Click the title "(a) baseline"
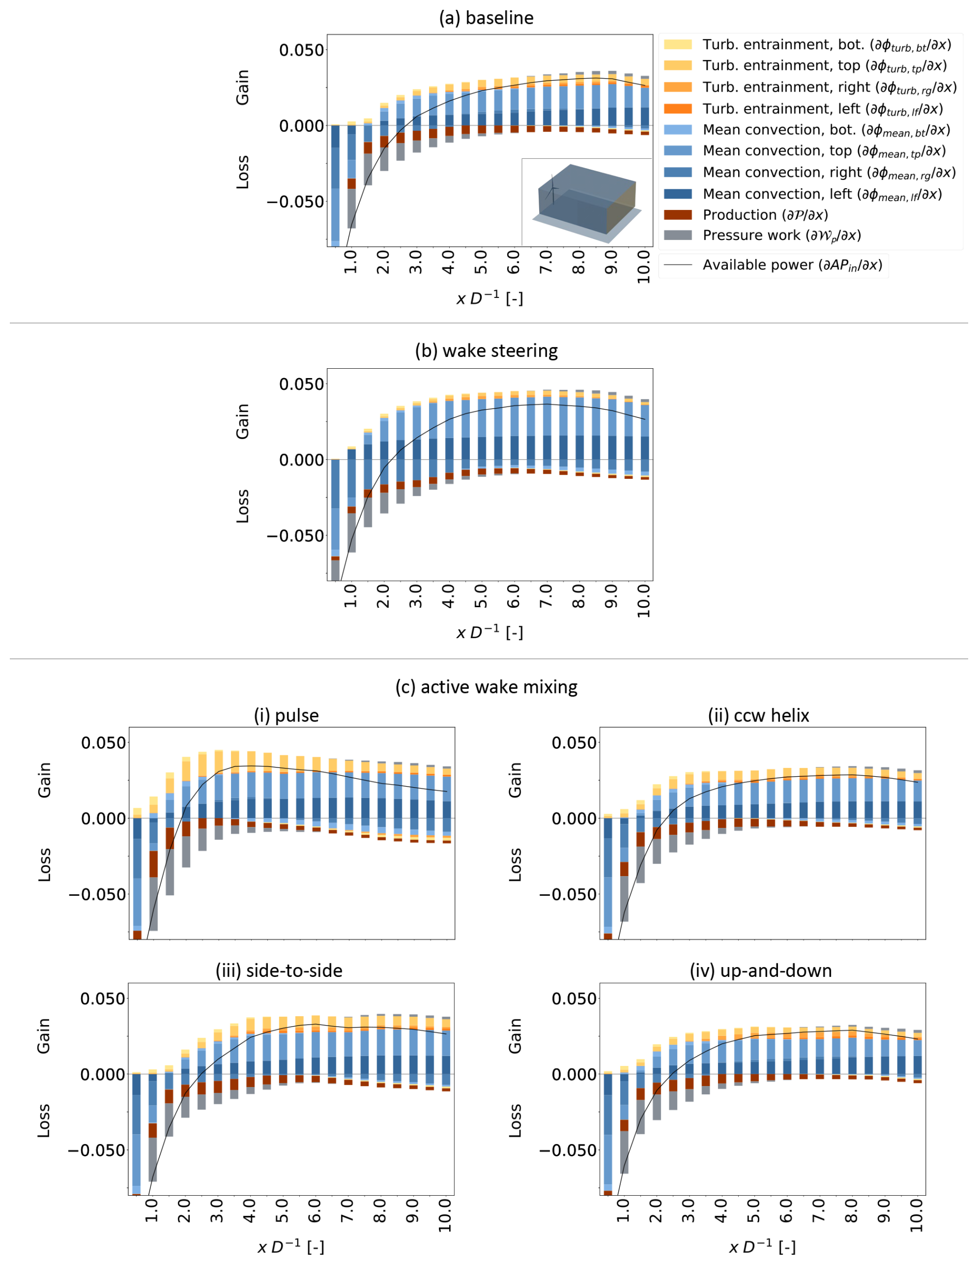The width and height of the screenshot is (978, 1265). click(x=486, y=18)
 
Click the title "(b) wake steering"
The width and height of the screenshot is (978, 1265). click(x=486, y=351)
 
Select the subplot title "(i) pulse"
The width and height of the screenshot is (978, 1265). click(x=286, y=715)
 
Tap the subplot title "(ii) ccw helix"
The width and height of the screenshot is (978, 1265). click(x=758, y=715)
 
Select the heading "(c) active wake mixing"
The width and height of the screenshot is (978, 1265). click(x=486, y=687)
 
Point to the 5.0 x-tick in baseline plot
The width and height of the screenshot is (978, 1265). click(x=481, y=262)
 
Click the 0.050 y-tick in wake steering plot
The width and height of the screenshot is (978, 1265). click(x=301, y=384)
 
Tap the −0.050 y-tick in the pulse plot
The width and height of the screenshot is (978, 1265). click(x=97, y=894)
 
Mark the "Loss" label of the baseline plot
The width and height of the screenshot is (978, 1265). click(x=242, y=172)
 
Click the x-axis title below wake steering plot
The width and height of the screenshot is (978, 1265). click(x=490, y=632)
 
